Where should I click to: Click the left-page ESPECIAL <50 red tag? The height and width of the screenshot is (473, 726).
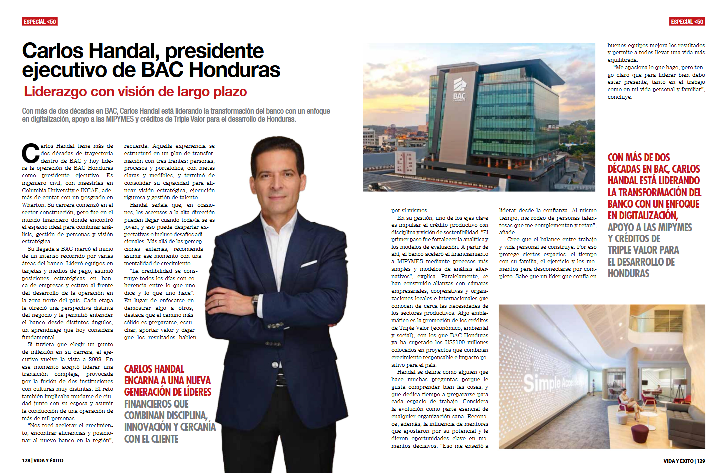point(40,21)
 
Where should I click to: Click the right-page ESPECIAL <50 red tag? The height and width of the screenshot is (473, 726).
point(687,21)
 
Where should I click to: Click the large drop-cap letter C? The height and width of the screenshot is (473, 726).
point(31,153)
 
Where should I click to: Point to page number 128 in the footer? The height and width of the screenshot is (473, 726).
point(26,460)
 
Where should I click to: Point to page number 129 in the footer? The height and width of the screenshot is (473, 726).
point(701,461)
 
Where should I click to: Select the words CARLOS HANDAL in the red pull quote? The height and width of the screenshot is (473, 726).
point(154,369)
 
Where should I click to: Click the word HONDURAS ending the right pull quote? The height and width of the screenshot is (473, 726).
point(628,273)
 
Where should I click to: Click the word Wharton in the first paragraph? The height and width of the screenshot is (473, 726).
point(33,205)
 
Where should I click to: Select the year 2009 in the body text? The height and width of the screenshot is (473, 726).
point(95,359)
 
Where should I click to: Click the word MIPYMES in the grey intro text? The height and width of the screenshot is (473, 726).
point(120,119)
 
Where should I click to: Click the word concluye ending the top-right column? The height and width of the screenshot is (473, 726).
point(620,97)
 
